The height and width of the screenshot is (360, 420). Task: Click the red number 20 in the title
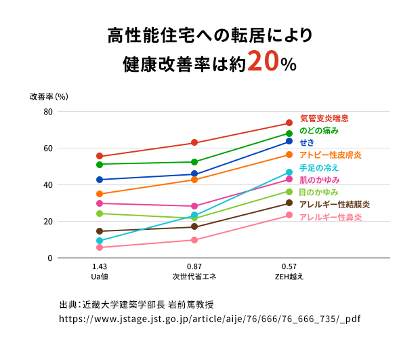coord(263,62)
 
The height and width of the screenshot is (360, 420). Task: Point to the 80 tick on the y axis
coord(47,112)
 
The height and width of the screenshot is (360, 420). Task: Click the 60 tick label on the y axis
coord(47,148)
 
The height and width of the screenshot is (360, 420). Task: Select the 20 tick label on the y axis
coord(47,222)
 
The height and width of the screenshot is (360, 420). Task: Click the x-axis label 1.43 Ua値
coord(100,272)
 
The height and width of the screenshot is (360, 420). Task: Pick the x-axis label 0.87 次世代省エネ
coord(194,272)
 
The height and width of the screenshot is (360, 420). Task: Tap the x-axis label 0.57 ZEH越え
coord(289,272)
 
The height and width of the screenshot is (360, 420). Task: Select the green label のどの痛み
coord(319,130)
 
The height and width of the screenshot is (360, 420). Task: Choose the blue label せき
coord(307,142)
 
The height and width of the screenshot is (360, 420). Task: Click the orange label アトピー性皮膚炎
coord(331,155)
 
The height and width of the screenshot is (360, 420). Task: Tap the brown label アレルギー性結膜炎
coord(335,204)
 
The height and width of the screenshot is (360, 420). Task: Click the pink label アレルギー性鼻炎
coord(331,217)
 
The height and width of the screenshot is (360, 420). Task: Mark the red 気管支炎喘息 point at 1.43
coord(100,157)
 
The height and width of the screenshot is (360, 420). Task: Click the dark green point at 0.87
coord(194,162)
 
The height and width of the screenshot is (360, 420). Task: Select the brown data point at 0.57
coord(289,203)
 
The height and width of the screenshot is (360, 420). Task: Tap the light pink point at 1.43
coord(100,247)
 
